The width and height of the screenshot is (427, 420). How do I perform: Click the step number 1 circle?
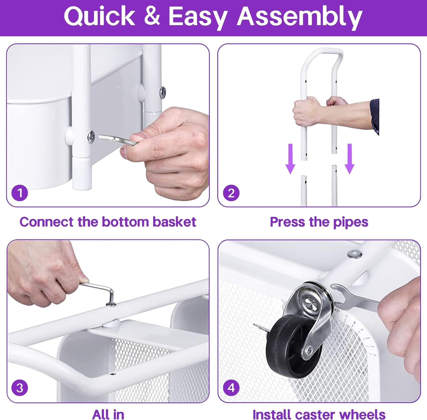[x=20, y=193]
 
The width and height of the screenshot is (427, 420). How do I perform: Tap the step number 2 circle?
[x=231, y=193]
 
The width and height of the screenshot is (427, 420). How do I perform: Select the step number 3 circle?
[x=20, y=388]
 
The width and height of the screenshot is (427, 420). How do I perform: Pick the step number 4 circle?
[x=231, y=388]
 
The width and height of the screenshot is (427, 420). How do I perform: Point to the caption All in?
[x=108, y=414]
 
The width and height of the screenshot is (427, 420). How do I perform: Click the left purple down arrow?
[x=290, y=159]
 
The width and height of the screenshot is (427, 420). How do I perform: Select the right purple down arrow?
[x=349, y=159]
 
